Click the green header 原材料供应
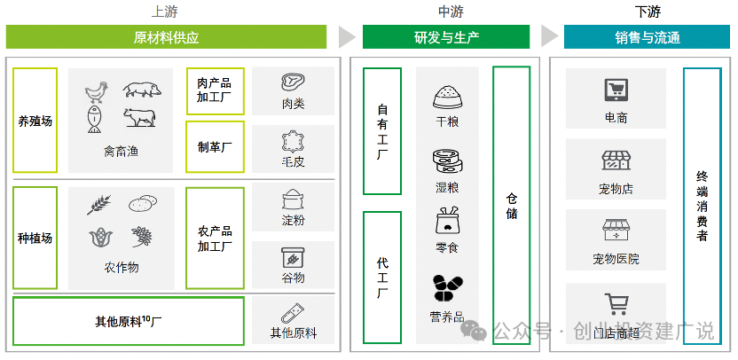(166, 37)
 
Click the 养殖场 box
(35, 121)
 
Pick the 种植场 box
(35, 238)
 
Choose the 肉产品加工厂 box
(214, 91)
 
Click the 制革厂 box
(214, 147)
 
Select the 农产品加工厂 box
(214, 239)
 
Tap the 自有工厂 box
(382, 130)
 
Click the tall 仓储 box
(512, 206)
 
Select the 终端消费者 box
(702, 206)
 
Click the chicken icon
(95, 91)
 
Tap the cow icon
(139, 117)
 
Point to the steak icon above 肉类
(293, 82)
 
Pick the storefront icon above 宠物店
(615, 160)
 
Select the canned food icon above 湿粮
(446, 161)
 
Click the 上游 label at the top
(166, 12)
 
